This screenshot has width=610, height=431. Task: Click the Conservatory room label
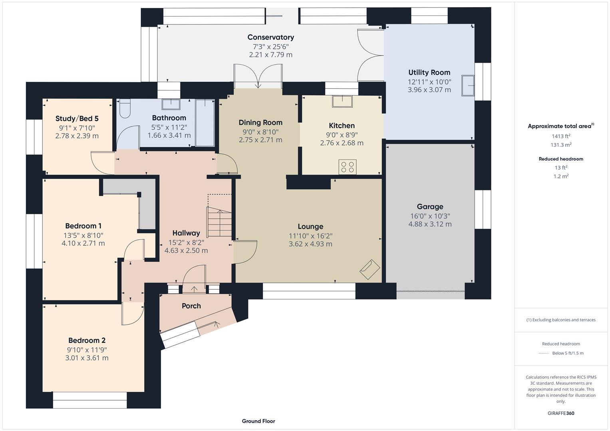click(x=270, y=37)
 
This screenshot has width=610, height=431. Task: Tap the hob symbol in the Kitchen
click(x=347, y=167)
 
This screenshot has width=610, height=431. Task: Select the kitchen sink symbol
click(x=342, y=101)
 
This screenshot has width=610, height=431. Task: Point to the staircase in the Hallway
click(x=219, y=222)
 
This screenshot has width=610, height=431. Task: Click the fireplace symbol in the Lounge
click(x=370, y=270)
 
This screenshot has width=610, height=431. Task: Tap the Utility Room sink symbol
click(x=468, y=85)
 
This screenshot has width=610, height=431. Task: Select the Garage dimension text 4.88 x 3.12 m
click(x=430, y=224)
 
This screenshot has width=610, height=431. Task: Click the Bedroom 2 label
click(x=87, y=340)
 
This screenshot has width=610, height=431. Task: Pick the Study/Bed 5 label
click(x=77, y=119)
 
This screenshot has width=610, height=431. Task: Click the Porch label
click(x=191, y=306)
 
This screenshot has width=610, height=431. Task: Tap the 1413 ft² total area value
click(x=561, y=136)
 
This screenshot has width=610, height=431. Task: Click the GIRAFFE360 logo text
click(x=561, y=413)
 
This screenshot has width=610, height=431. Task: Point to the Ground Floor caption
click(x=258, y=421)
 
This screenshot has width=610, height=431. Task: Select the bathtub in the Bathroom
click(x=205, y=123)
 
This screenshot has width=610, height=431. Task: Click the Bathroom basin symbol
click(x=171, y=104)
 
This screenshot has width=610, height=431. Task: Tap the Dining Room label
click(x=260, y=123)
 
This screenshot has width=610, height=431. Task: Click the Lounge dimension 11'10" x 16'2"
click(x=310, y=236)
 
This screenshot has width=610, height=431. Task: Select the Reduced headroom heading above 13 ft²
click(x=561, y=159)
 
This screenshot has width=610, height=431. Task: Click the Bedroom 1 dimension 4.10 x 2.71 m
click(x=83, y=243)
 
